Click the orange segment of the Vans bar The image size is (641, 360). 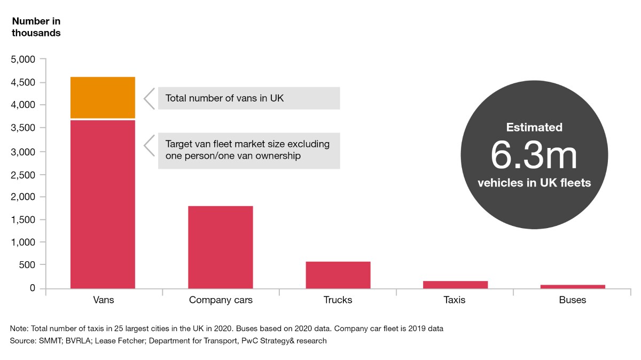(x=103, y=97)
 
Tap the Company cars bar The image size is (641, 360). (x=221, y=247)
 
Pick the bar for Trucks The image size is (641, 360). (x=338, y=275)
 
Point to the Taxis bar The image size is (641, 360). (x=455, y=284)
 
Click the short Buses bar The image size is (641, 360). (x=573, y=286)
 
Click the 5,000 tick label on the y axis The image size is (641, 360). (x=24, y=59)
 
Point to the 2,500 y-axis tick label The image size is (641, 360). (x=24, y=174)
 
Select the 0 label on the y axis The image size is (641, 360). (x=33, y=288)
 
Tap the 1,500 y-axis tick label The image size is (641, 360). (x=24, y=220)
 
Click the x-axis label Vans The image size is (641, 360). (x=103, y=300)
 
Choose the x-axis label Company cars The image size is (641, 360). (x=221, y=300)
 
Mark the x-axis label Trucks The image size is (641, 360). (x=338, y=300)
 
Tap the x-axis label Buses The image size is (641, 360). (x=573, y=300)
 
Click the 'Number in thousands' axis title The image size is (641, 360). (x=36, y=27)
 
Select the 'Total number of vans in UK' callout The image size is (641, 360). (x=249, y=98)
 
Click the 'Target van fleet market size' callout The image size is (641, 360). (x=249, y=151)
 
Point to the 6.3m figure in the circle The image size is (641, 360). (x=534, y=155)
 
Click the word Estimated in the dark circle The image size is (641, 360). (x=534, y=128)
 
